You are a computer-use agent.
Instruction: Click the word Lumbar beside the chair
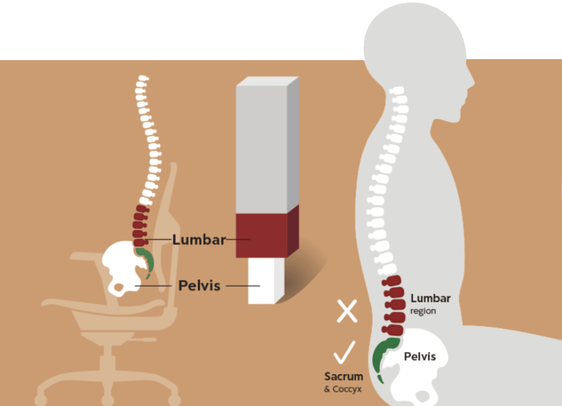(199, 240)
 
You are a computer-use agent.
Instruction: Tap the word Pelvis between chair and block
(199, 286)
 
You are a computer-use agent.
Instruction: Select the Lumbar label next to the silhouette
(430, 298)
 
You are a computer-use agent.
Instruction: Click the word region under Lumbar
(423, 311)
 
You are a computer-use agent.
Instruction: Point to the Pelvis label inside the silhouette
(420, 357)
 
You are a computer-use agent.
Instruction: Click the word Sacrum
(344, 377)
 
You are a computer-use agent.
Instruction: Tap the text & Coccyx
(343, 389)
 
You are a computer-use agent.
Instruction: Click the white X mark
(347, 311)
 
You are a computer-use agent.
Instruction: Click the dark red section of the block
(261, 235)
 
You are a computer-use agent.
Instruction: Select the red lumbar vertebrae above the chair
(140, 226)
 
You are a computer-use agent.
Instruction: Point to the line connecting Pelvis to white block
(243, 286)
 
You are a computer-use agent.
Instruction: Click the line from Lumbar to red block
(238, 240)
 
